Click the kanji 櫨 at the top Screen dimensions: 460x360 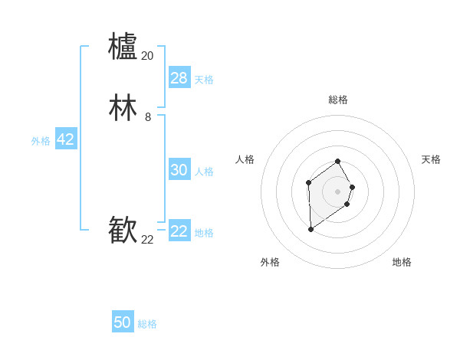123,46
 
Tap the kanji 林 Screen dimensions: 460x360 123,108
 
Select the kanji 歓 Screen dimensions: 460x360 123,230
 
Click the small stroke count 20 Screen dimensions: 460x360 147,56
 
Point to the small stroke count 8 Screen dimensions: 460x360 147,117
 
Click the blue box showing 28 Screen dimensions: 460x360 179,78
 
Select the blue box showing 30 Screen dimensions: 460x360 179,170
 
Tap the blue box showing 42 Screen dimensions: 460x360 65,139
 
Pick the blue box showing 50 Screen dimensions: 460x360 123,322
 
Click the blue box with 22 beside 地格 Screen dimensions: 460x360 179,231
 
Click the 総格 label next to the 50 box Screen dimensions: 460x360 147,324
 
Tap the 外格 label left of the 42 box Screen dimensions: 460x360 41,141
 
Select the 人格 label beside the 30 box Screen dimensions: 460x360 205,172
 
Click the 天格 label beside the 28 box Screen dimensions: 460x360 204,80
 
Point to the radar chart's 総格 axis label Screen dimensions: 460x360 338,100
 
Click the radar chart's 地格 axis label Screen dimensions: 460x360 402,262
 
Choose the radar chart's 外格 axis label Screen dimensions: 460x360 270,262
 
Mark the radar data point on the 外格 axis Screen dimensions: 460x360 310,229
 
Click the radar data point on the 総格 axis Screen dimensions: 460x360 338,161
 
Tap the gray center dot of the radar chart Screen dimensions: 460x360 338,191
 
